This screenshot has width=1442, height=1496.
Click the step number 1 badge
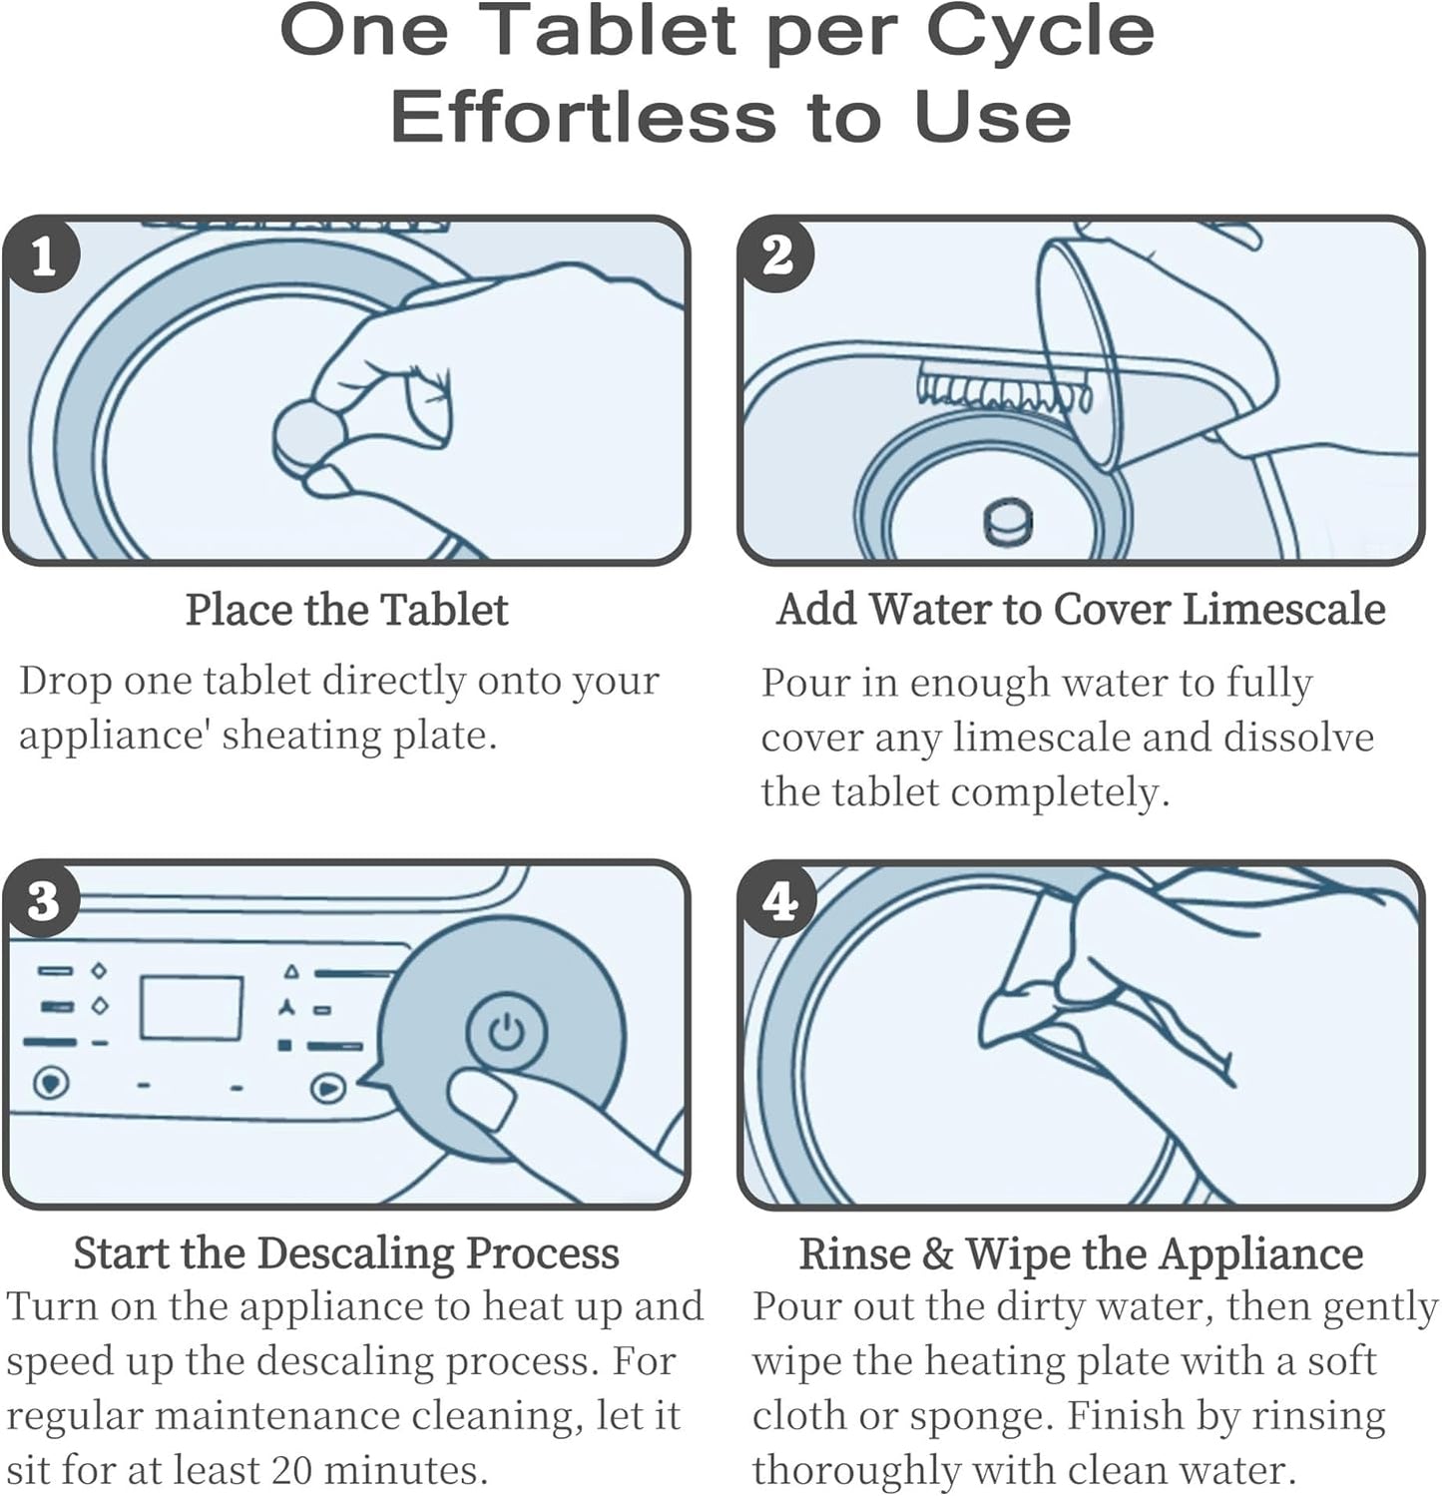[x=42, y=256]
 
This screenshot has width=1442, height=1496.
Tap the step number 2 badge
[x=777, y=256]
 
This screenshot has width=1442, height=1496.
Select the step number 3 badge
[x=42, y=900]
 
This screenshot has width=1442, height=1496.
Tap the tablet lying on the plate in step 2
[x=1008, y=521]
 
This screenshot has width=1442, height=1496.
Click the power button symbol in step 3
[x=507, y=1031]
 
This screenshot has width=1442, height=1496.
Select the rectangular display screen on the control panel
[x=191, y=1008]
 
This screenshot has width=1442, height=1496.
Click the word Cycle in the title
[x=1040, y=32]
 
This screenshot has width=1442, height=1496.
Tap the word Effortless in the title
[x=583, y=117]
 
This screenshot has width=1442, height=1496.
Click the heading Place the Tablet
[x=347, y=610]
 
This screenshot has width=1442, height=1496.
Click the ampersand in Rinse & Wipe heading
[x=937, y=1254]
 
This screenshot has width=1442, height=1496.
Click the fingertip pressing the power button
[x=482, y=1098]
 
